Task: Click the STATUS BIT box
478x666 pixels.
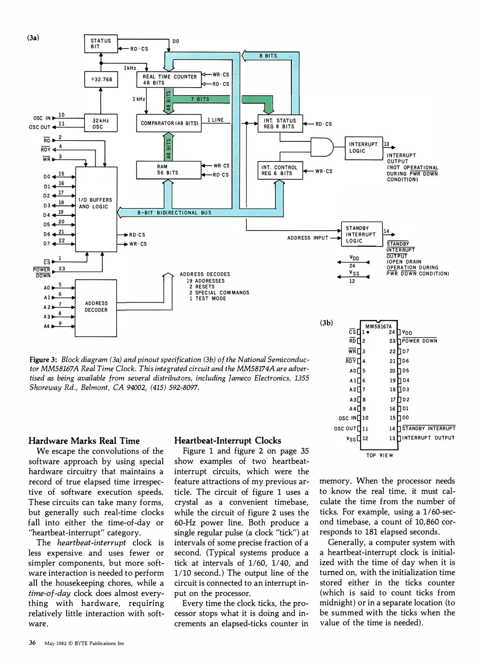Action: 101,44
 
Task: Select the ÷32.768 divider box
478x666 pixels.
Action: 101,79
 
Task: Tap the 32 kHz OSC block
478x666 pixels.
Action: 101,123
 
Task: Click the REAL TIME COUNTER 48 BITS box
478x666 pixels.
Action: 169,80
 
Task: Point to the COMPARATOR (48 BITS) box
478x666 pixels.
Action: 169,123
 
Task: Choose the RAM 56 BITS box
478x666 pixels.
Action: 169,170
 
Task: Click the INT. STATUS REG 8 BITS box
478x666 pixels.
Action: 280,124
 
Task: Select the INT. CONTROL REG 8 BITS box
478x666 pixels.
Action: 280,171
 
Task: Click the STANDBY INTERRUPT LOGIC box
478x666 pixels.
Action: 362,234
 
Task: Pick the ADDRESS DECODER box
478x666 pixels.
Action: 96,308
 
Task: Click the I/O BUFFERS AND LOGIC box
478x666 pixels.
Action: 96,209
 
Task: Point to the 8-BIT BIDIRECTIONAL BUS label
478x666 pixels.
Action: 174,213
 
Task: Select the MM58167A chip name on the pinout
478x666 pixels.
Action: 378,327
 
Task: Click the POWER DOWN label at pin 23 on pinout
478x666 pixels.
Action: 419,341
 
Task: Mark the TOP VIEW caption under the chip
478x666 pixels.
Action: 380,455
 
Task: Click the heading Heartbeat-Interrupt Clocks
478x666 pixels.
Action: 228,441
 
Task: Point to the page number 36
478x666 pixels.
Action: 32,643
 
